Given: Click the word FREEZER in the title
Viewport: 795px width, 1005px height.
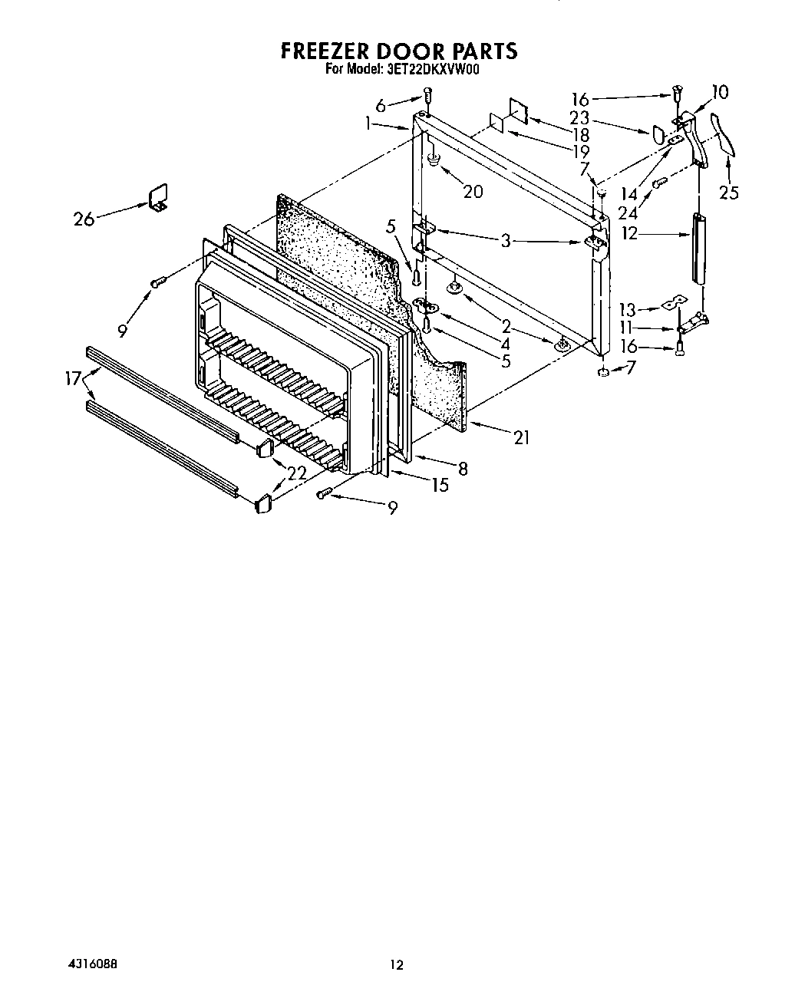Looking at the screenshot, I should coord(325,51).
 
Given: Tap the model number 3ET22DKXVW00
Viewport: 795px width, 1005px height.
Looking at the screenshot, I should coord(432,69).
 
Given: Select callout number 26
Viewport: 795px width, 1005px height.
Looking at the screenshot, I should coord(84,219).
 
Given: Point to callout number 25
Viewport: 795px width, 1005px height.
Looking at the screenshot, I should coord(729,192).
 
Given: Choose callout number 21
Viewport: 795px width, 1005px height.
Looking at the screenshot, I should coord(523,437).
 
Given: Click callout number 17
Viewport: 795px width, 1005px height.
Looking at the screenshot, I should coord(74,377).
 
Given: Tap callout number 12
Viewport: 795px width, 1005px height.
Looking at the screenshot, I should coord(629,233).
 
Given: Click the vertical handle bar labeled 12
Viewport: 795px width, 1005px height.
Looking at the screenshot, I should coord(699,249).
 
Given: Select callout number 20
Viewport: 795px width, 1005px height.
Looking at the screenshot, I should coord(473,191).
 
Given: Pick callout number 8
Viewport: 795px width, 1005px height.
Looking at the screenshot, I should coord(463,468).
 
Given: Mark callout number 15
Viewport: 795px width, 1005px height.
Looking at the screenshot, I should coord(440,485).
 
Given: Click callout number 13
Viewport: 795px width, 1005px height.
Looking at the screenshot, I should coord(628,310).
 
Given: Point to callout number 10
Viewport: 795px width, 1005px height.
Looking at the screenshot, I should coord(720,92).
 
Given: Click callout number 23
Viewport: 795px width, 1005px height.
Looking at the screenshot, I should coord(580,118).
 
